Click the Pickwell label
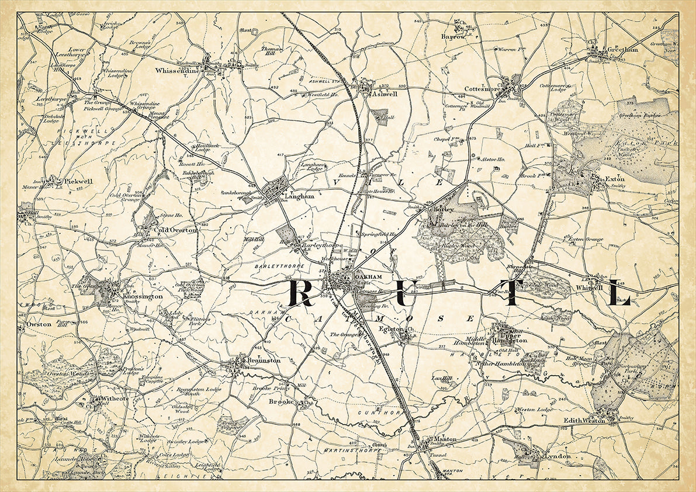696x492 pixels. (78, 182)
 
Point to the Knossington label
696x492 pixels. (143, 297)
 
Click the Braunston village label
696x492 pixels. (264, 361)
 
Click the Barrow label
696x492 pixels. (453, 36)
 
